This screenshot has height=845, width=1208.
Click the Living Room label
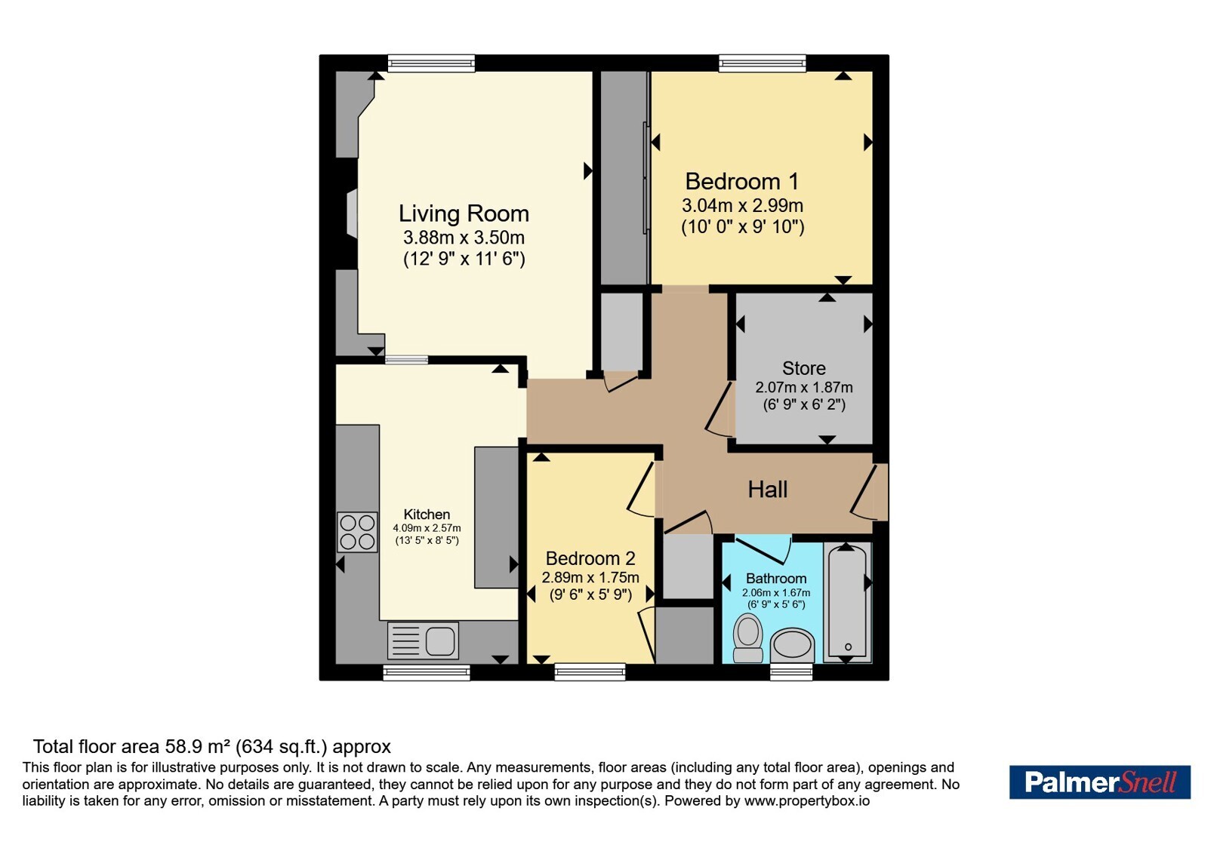coord(464,214)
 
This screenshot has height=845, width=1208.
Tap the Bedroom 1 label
coord(742,182)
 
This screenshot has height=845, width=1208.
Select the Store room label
coord(803,368)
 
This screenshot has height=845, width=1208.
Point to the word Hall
coord(767,490)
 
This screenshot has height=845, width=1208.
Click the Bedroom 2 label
coord(590,558)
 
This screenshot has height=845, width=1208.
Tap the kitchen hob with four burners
coord(357,533)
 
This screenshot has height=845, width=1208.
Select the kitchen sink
coord(423,641)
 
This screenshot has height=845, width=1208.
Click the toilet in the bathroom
coord(748,640)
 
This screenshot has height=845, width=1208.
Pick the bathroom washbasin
coord(792,646)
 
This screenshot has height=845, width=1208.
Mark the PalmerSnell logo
coord(1099,782)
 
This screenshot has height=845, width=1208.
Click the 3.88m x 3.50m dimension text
coord(464,237)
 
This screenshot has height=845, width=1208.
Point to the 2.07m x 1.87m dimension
coord(803,388)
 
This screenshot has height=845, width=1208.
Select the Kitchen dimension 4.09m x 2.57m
coord(427,528)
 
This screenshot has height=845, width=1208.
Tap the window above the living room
coord(431,63)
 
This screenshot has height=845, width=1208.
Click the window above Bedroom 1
coord(762,63)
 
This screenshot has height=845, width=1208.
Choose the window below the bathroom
coord(791,672)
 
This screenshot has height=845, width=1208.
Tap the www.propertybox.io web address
coord(807,800)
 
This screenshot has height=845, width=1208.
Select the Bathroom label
coord(776,579)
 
